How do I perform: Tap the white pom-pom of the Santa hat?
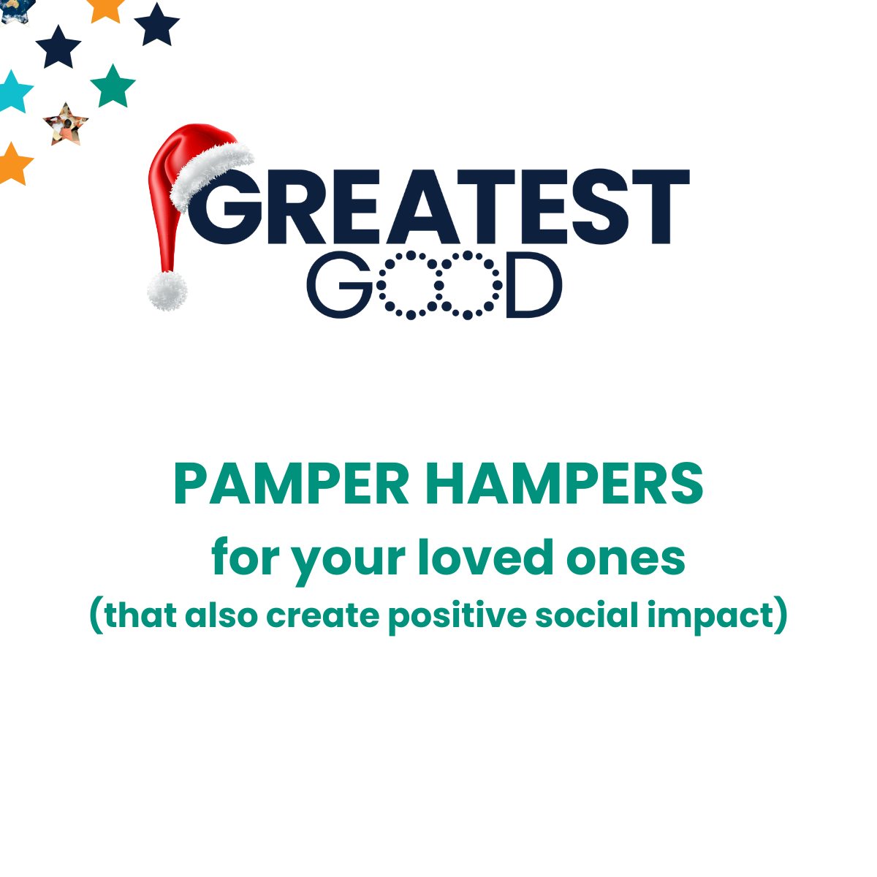click(167, 291)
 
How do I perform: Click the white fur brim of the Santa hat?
click(212, 176)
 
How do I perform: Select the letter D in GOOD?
click(534, 285)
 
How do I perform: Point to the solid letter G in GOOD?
click(340, 285)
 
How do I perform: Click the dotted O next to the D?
click(468, 285)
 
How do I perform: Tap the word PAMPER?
click(292, 484)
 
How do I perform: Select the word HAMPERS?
click(564, 484)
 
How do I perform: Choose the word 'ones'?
click(626, 560)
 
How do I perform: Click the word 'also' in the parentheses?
click(221, 615)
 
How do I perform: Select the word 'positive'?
click(458, 618)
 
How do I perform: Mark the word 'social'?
click(587, 615)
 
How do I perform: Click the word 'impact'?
click(711, 618)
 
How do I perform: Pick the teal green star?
click(113, 86)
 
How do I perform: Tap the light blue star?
click(14, 92)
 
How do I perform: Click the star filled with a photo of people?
click(66, 125)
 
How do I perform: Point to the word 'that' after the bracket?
click(140, 615)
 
